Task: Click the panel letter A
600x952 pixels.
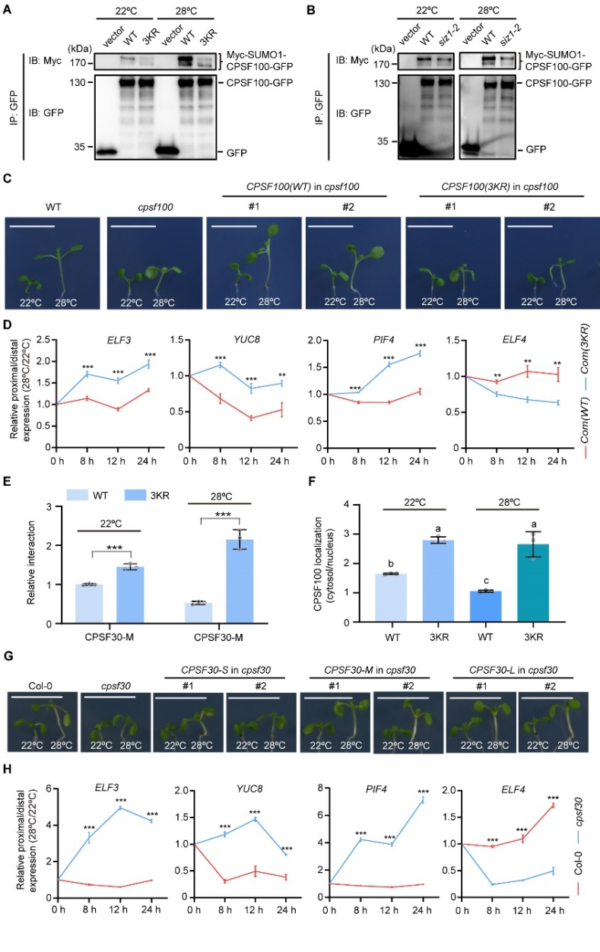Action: tap(10, 12)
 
